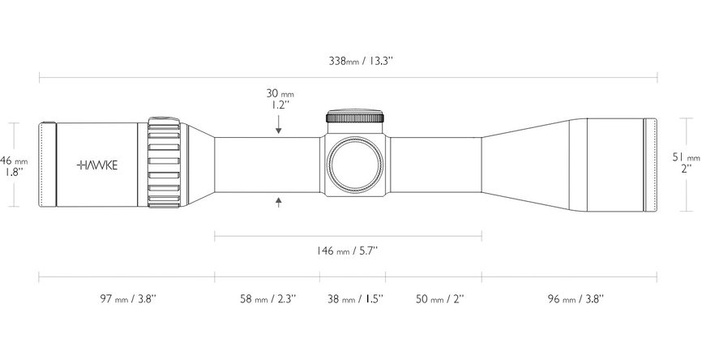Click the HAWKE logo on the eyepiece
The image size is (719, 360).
(97, 165)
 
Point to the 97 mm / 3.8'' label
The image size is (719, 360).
(126, 298)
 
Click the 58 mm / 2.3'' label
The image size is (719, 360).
(267, 298)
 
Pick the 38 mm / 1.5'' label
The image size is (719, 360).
(353, 298)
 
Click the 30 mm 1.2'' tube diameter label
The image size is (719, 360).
(279, 99)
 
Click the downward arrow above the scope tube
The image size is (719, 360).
(279, 126)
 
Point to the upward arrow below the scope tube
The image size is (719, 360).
(279, 201)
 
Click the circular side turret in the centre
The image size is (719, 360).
(353, 164)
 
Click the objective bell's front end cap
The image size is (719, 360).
(650, 165)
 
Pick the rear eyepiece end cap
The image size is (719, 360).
(48, 165)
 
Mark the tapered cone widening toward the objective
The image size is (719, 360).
(525, 165)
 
